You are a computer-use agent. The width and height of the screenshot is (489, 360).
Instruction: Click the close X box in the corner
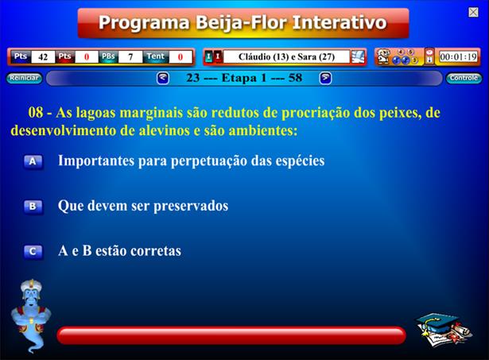[473, 12]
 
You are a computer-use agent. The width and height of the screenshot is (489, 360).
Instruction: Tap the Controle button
[464, 78]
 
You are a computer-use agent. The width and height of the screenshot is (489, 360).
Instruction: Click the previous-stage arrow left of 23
[163, 78]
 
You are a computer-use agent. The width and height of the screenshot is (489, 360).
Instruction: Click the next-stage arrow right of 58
[325, 78]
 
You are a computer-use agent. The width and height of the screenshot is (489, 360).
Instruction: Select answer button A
[33, 162]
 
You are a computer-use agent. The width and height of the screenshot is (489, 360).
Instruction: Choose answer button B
[33, 207]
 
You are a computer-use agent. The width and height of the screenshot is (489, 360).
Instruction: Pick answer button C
[33, 252]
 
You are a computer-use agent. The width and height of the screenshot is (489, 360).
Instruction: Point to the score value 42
[43, 57]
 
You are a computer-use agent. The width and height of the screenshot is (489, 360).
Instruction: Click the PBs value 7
[130, 57]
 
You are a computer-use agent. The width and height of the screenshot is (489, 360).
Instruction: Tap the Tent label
[155, 56]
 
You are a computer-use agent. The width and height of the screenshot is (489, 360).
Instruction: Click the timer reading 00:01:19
[458, 56]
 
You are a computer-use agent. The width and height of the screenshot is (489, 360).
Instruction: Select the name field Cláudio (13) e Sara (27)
[286, 56]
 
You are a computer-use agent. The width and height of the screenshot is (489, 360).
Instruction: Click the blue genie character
[30, 315]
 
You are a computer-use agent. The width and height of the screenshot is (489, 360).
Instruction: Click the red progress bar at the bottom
[231, 335]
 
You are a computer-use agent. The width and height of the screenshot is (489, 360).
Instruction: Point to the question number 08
[36, 113]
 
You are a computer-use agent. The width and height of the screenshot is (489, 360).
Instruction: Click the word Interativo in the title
[340, 23]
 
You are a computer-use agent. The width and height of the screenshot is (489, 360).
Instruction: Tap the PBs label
[108, 56]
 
